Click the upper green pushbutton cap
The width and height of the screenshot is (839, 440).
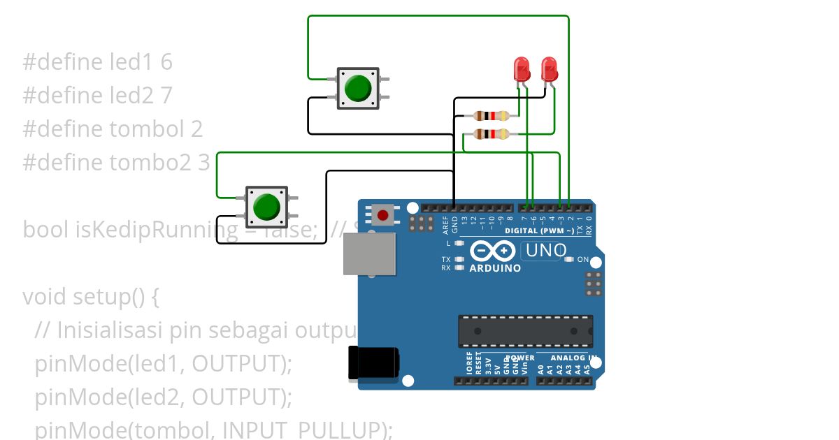coord(358,88)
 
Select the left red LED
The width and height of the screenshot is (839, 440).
coord(522,69)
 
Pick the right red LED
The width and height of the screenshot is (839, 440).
coord(550,69)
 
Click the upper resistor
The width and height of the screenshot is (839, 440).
coord(487,116)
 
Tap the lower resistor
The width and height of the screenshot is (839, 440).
coord(487,134)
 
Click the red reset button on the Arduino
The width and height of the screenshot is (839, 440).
coord(382,214)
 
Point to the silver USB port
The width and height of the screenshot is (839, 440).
coord(369,254)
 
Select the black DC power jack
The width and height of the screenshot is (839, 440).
coord(375,363)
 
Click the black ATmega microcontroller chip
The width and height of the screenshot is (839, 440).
coord(525,331)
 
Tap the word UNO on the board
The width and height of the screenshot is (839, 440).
coord(544,250)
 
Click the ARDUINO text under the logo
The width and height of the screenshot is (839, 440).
coord(495,268)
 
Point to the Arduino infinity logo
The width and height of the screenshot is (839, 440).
coord(494,251)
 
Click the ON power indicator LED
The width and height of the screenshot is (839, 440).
coord(568,259)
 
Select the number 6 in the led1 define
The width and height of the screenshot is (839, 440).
coord(166,62)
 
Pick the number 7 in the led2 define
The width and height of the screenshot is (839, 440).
coord(166,95)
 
